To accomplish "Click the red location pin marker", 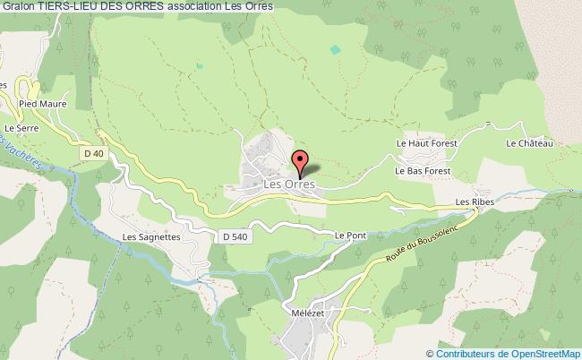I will (300, 165).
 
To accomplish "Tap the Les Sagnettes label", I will (151, 237).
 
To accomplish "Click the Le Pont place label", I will (350, 235).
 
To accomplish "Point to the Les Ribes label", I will (475, 202).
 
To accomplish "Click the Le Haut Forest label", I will (427, 142).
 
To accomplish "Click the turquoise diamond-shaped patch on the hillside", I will (335, 50).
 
